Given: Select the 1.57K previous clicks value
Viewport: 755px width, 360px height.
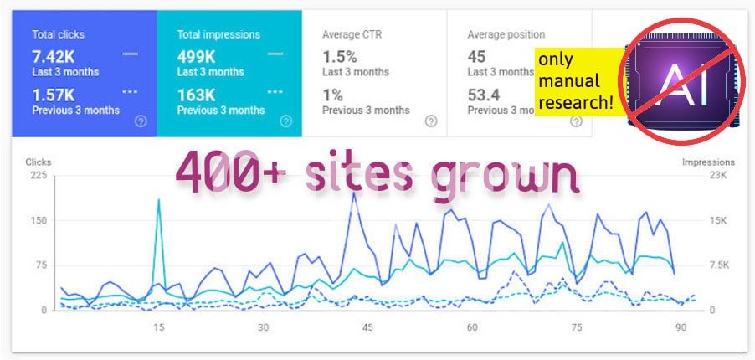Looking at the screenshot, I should click(54, 95).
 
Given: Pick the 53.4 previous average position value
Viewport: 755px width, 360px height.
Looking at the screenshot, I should click(484, 95).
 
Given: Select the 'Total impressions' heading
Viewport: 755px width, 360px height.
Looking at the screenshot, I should click(218, 34).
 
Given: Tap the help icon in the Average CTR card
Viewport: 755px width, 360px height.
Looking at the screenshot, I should click(430, 121).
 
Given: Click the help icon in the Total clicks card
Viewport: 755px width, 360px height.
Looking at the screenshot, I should click(141, 121).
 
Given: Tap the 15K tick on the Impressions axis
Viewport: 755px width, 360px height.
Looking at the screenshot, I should click(718, 220).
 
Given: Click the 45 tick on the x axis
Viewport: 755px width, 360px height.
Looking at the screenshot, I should click(367, 327).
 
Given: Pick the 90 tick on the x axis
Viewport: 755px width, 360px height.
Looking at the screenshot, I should click(681, 327).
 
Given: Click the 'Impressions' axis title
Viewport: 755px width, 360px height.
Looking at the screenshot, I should click(708, 162).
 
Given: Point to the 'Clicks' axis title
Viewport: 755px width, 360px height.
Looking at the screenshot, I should click(39, 162).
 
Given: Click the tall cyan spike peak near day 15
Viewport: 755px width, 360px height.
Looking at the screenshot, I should click(157, 200).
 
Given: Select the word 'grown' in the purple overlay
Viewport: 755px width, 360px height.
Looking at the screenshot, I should click(506, 177).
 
